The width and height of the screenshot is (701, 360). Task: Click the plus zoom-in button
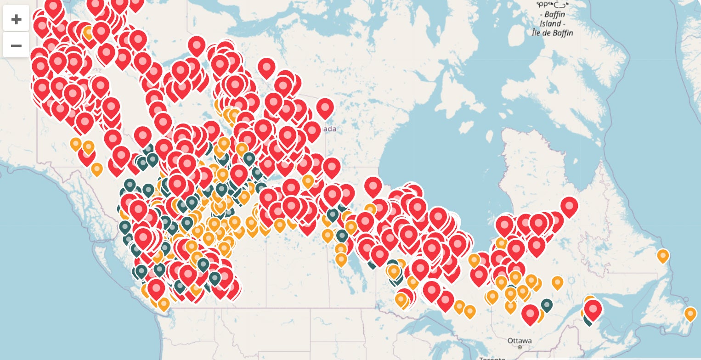point(16,19)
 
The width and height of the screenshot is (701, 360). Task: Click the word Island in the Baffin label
point(550,23)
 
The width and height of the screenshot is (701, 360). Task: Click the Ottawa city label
point(520,341)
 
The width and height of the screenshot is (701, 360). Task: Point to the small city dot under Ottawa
point(520,348)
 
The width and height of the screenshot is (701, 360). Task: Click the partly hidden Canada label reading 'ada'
point(329,129)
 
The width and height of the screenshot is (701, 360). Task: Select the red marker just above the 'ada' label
point(325,108)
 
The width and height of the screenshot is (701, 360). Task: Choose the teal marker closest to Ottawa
point(546,304)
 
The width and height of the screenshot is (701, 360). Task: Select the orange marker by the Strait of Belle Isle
point(663,255)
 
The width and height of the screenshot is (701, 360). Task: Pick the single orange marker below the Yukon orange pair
point(96,169)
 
